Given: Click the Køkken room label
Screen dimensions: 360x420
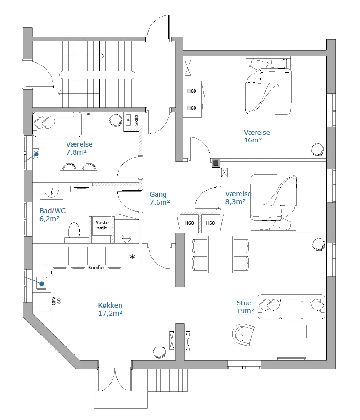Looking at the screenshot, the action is [x=110, y=309].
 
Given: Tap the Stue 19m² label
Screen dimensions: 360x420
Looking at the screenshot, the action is [x=245, y=307].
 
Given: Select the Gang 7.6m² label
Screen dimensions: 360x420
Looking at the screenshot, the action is [x=160, y=198].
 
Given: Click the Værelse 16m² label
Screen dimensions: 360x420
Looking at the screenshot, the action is [x=257, y=136].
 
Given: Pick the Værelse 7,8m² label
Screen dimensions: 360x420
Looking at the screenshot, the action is [x=79, y=148].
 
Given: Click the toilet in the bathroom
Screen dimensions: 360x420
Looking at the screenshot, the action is [x=74, y=230].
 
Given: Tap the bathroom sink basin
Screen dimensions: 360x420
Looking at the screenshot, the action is [x=52, y=192].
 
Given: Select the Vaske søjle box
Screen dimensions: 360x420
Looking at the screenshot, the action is [x=102, y=226].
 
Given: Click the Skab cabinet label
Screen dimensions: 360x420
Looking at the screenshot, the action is [x=136, y=120].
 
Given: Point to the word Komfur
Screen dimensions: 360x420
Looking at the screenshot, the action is [x=96, y=267].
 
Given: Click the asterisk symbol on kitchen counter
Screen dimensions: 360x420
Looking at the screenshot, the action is [x=132, y=257].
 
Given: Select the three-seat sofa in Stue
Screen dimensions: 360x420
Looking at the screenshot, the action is [x=292, y=307].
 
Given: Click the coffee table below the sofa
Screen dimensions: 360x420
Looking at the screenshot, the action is [x=291, y=332].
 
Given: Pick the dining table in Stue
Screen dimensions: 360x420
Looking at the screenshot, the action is [x=220, y=255].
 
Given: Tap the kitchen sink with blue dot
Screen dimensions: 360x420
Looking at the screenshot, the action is [x=42, y=283].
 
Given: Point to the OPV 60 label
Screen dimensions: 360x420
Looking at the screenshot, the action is [x=56, y=301].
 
